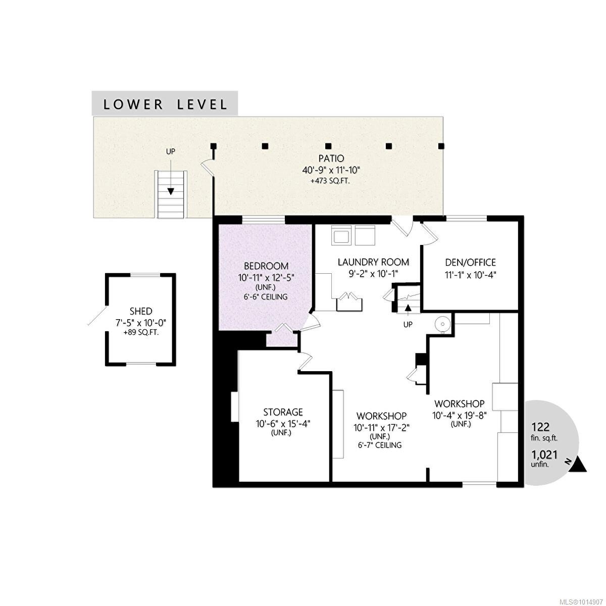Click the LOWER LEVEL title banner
point(165,104)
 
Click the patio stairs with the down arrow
point(171,194)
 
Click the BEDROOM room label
point(266,266)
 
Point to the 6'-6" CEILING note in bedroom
point(266,296)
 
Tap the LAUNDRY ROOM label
point(373,262)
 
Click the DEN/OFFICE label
point(470,262)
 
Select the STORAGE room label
point(283,412)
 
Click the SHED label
point(140,311)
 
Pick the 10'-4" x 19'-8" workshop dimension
point(460,415)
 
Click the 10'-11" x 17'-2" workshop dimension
point(381,427)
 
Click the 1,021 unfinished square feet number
point(544,454)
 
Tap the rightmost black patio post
point(441,146)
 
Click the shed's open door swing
point(97,316)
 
